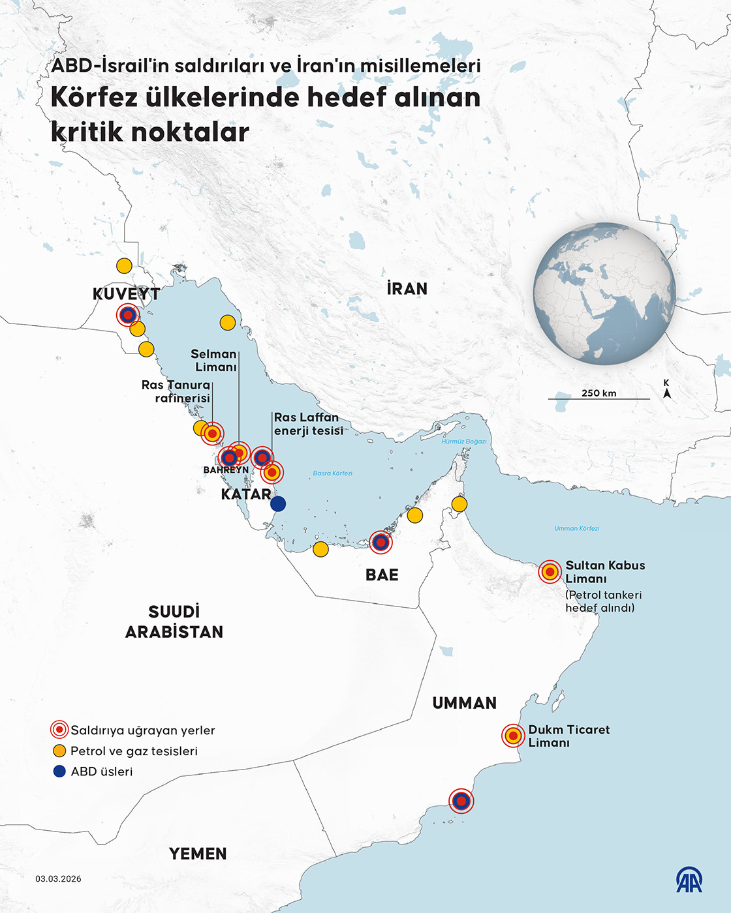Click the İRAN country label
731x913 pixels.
coord(407,289)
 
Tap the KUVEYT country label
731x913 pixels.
coord(126,294)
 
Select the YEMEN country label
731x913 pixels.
coord(198,854)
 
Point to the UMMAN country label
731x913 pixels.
coord(464,703)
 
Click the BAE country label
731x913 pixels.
coord(382,575)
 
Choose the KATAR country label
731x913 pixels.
coord(246,494)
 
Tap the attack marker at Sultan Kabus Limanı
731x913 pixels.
coord(550,572)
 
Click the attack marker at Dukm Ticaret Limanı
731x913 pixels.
coord(514,736)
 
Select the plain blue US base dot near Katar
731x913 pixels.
coord(278,503)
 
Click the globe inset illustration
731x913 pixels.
coord(604,293)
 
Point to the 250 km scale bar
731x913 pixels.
coord(599,398)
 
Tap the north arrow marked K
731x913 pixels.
coord(666,389)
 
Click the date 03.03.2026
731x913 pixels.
coord(59,879)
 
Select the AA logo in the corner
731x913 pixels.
coord(689,880)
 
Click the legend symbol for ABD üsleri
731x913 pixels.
coord(59,771)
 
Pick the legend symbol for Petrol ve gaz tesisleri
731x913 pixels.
coord(59,751)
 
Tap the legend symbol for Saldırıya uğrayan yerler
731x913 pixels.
coord(59,730)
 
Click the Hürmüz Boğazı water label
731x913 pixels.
coord(463,442)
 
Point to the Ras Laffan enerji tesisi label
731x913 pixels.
coord(308,424)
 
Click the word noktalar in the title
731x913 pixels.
coord(191,132)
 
